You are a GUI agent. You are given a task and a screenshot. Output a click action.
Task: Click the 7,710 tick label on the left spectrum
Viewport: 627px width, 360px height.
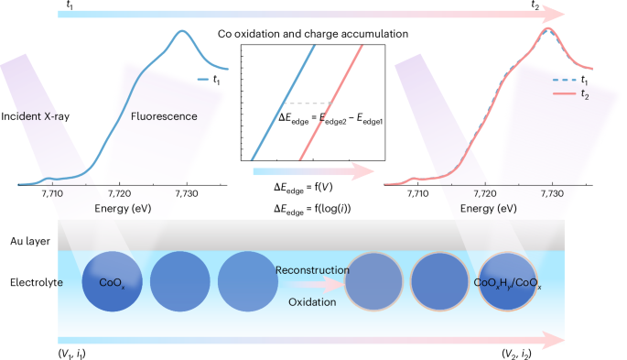(x=52, y=194)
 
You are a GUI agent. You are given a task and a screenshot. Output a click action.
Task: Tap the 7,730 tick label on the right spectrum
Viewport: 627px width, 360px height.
(x=552, y=194)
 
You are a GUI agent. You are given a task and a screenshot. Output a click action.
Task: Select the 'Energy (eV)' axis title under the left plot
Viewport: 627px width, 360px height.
(x=123, y=209)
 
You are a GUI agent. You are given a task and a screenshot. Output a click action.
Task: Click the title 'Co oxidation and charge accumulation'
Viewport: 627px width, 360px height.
(x=313, y=34)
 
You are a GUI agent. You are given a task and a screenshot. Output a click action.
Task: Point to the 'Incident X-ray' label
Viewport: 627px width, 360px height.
(x=35, y=116)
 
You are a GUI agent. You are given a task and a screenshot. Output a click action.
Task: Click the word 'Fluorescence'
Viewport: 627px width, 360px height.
(x=164, y=116)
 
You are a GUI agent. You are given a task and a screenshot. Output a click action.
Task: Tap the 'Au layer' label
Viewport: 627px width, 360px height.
(x=30, y=241)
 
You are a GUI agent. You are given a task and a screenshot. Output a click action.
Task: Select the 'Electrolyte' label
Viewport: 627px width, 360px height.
(x=37, y=282)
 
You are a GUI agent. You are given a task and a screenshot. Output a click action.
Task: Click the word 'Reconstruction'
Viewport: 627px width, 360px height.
(x=312, y=270)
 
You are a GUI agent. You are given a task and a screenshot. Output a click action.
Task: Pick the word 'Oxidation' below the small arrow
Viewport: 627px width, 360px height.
(x=312, y=302)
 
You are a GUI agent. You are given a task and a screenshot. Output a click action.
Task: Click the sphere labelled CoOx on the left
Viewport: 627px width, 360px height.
(x=112, y=281)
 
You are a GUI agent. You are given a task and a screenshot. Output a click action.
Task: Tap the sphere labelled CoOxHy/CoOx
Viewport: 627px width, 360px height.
(x=507, y=281)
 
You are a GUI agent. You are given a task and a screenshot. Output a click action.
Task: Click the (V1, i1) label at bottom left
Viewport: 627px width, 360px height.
(x=72, y=354)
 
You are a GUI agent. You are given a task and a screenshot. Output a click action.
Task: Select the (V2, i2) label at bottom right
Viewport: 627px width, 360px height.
(x=516, y=354)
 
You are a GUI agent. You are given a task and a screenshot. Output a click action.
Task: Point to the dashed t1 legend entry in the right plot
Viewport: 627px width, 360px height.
(x=570, y=80)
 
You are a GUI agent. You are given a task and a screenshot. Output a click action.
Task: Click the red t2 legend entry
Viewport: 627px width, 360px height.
(x=570, y=94)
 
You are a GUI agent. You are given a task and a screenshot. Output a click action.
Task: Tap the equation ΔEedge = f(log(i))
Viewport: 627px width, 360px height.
(x=312, y=209)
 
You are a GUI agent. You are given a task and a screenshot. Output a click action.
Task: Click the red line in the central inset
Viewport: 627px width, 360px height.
(x=331, y=103)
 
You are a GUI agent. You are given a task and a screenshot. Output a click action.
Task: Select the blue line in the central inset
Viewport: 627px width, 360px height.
(x=283, y=103)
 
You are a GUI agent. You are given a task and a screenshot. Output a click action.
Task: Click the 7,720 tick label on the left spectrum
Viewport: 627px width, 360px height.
(x=120, y=194)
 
